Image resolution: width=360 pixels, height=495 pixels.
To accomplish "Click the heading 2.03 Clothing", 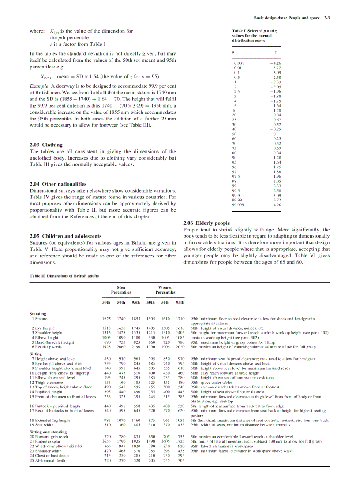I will [x=46, y=145].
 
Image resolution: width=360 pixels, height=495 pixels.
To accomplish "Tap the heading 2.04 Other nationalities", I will [x=58, y=184].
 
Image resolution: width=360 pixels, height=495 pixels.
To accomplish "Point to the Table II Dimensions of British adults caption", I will [x=64, y=275].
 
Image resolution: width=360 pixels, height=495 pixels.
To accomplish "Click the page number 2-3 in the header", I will [x=326, y=18].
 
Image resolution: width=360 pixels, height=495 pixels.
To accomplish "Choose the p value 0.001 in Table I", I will [x=239, y=63].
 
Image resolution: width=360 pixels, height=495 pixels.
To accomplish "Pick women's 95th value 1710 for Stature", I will [x=180, y=319].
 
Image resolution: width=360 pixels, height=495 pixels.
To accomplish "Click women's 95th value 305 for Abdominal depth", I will [x=181, y=461].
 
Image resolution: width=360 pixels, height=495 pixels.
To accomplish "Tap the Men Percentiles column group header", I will [x=118, y=290].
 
